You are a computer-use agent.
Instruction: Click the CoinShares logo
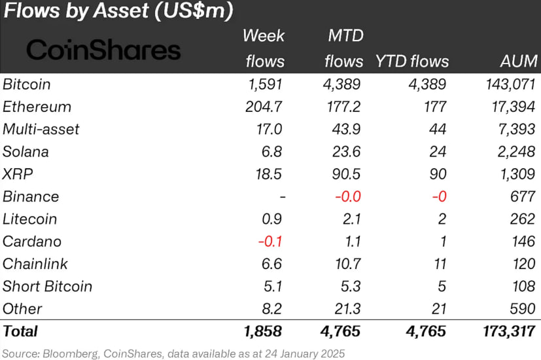[x=103, y=50]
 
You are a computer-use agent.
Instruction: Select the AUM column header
[x=519, y=61]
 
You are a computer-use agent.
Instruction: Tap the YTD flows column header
[x=412, y=61]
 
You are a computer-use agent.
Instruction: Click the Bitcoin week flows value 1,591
[x=266, y=84]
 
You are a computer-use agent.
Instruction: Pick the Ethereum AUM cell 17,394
[x=514, y=107]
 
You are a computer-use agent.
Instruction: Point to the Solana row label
[x=26, y=152]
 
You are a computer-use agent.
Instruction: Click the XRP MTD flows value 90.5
[x=346, y=174]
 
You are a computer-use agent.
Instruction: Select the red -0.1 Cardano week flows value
[x=270, y=242]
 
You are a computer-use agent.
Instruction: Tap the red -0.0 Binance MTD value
[x=348, y=197]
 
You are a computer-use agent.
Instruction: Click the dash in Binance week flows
[x=283, y=197]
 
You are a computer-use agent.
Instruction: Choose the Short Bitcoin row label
[x=47, y=287]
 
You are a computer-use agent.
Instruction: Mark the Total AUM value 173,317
[x=509, y=332]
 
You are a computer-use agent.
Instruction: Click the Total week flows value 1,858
[x=263, y=332]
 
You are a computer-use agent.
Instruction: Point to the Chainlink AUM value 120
[x=524, y=264]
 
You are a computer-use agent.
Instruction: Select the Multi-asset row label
[x=41, y=130]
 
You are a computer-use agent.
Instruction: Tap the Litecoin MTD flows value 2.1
[x=351, y=219]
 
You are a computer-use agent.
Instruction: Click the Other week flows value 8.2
[x=272, y=309]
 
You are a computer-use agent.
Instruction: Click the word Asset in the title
[x=121, y=10]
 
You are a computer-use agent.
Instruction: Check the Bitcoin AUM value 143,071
[x=511, y=84]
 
